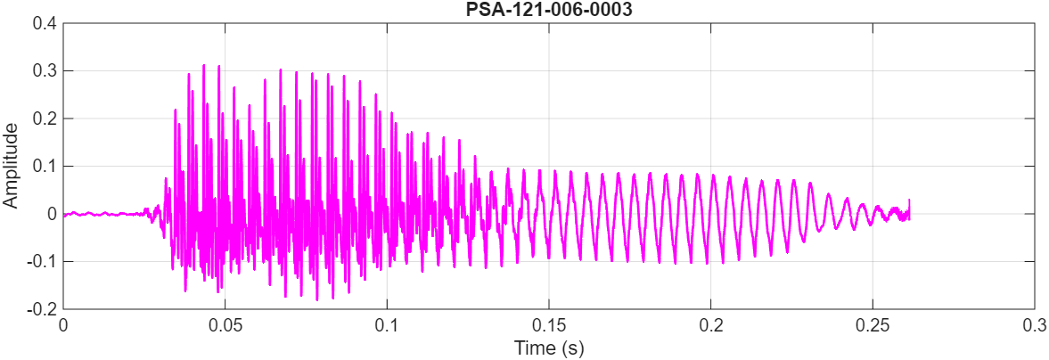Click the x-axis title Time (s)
pyautogui.click(x=548, y=348)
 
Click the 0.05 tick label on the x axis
pyautogui.click(x=225, y=325)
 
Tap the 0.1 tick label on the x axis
pyautogui.click(x=387, y=325)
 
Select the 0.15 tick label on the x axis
pyautogui.click(x=548, y=325)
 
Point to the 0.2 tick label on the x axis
pyautogui.click(x=710, y=325)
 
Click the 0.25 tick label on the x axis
pyautogui.click(x=872, y=325)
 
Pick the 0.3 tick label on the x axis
pyautogui.click(x=1034, y=325)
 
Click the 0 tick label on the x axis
pyautogui.click(x=63, y=325)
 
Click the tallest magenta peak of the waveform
pyautogui.click(x=204, y=65)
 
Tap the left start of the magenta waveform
pyautogui.click(x=64, y=215)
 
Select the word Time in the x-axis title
pyautogui.click(x=531, y=348)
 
